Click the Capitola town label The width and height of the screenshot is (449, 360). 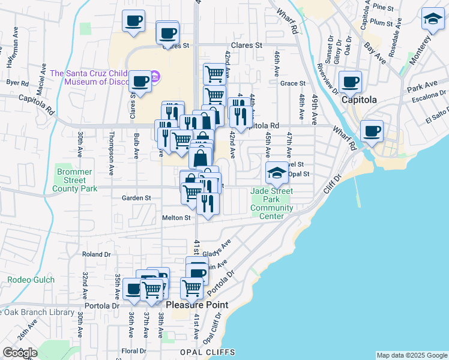[359, 100]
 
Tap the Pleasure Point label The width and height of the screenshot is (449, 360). [205, 305]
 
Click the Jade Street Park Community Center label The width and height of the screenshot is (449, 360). [271, 203]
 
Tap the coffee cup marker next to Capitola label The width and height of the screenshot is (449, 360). [350, 82]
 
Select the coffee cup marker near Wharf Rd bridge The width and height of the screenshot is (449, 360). [372, 130]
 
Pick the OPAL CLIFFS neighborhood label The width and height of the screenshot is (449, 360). [203, 352]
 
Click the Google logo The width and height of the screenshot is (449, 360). [19, 352]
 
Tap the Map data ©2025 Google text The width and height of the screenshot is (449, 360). [411, 355]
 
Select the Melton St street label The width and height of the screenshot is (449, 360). [176, 218]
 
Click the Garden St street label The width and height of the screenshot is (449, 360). [136, 197]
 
